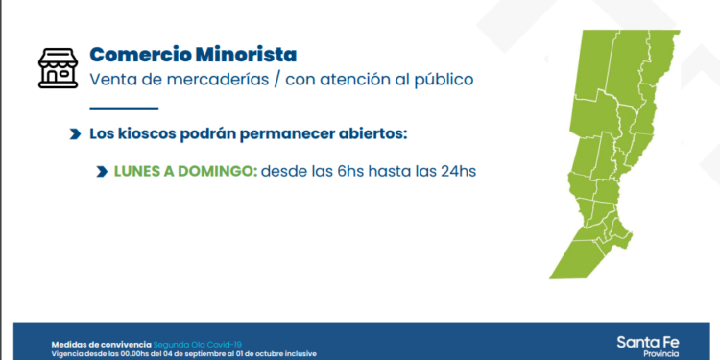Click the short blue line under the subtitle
(123, 108)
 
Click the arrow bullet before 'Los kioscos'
(75, 134)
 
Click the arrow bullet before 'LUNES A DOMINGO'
(101, 172)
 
